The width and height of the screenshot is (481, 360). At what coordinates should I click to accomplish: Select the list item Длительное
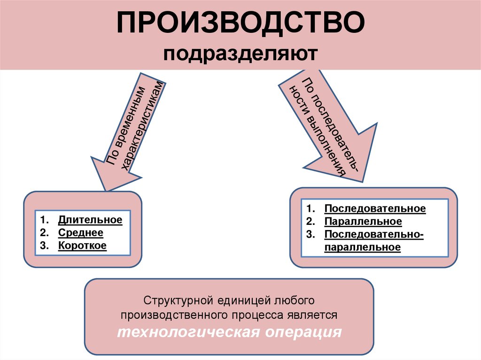pyautogui.click(x=90, y=220)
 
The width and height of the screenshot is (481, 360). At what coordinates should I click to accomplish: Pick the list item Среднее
pyautogui.click(x=81, y=233)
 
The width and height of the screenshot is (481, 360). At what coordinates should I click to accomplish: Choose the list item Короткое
pyautogui.click(x=82, y=245)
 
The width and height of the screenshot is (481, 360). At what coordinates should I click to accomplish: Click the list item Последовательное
pyautogui.click(x=375, y=208)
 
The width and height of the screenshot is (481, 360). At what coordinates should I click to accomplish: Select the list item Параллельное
pyautogui.click(x=363, y=221)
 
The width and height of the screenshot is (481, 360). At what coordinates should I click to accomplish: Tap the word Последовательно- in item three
pyautogui.click(x=374, y=234)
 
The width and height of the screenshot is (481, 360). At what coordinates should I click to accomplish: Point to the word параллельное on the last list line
pyautogui.click(x=362, y=247)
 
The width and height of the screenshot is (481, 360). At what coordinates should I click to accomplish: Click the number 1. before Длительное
pyautogui.click(x=44, y=220)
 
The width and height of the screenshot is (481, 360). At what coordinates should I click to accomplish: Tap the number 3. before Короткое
pyautogui.click(x=44, y=245)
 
